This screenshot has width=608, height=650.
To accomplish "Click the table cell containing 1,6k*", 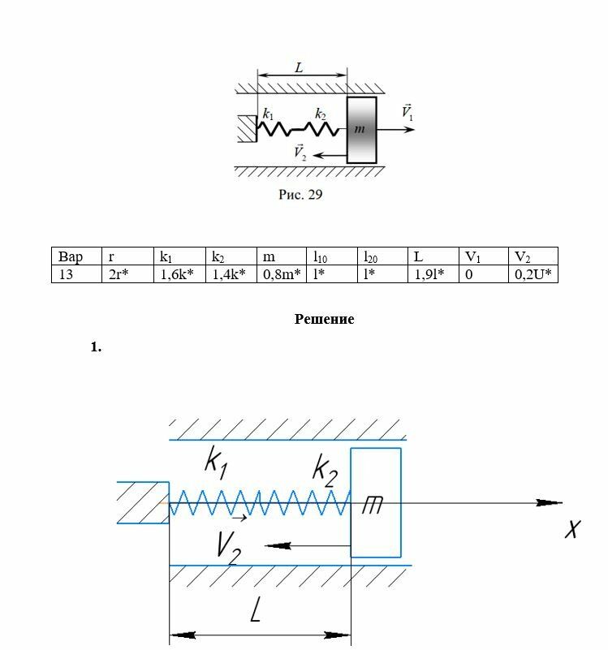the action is (179, 274).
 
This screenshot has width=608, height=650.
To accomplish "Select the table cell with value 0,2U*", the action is (533, 274).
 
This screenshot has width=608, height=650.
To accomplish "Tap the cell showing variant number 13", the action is (77, 274).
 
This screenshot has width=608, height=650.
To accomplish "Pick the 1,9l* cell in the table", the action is (433, 274).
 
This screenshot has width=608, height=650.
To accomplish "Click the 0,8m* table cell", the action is (282, 274).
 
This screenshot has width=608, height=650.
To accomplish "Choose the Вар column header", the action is (77, 256).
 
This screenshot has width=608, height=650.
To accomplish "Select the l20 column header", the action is (383, 256).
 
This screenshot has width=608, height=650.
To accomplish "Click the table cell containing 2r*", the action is (127, 274).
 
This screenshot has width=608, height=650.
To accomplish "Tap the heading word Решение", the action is (325, 319).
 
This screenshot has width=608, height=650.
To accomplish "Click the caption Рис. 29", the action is (300, 194).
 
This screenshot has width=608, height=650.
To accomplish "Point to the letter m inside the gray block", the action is (360, 129).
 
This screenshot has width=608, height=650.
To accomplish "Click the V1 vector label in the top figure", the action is (407, 112).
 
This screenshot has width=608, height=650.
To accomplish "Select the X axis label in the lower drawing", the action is (573, 529).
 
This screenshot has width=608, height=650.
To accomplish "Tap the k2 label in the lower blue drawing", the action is (326, 471).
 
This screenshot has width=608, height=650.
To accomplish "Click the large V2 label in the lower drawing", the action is (229, 548).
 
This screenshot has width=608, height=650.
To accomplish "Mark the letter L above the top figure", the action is (299, 67).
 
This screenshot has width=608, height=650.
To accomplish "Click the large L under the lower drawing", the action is (256, 609).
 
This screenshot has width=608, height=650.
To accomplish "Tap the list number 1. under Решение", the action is (97, 347).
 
